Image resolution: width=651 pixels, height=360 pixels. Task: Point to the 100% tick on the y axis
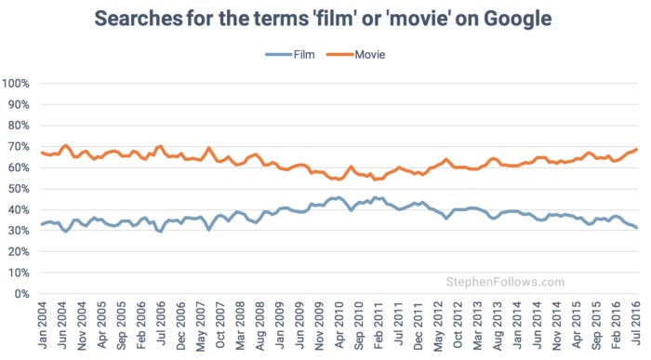pyautogui.click(x=18, y=84)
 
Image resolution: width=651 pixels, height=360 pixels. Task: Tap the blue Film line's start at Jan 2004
pyautogui.click(x=41, y=224)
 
